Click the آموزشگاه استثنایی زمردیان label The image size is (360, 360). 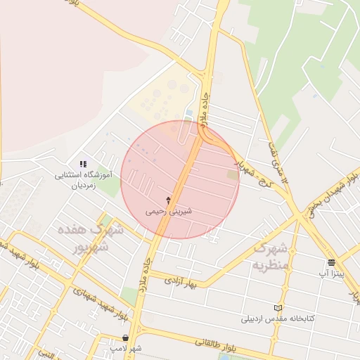(84, 181)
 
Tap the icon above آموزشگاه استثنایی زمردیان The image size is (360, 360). (83, 164)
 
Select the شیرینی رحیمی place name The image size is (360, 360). (168, 210)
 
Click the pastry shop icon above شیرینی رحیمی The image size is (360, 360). (168, 200)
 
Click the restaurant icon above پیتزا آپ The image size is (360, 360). (330, 262)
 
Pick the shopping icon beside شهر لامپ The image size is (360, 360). (124, 338)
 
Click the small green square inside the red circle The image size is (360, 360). (232, 174)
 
